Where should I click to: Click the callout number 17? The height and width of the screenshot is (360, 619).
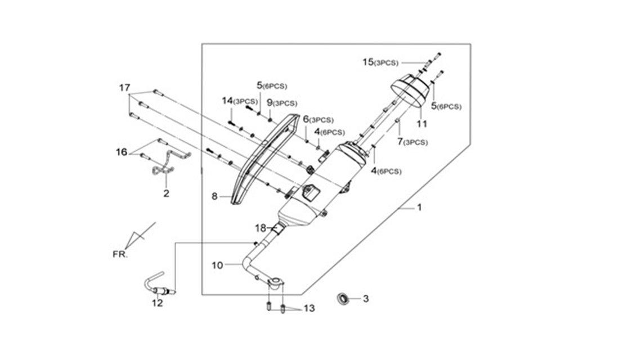[125, 88]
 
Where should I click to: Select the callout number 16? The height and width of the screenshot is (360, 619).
[121, 151]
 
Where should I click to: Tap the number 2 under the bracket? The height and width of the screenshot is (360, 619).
[166, 193]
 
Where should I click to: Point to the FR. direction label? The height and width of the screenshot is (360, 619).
[120, 254]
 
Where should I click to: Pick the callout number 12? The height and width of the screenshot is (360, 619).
[157, 303]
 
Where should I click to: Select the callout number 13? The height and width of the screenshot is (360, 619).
[309, 308]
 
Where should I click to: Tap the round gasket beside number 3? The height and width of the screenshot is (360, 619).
[343, 299]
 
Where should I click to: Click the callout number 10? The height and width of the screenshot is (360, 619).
[217, 265]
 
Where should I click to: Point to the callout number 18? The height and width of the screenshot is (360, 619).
[261, 228]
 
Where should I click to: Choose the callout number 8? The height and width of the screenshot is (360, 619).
[214, 196]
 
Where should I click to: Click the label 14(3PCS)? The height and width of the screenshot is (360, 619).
[240, 101]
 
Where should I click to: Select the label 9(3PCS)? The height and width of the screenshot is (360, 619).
[282, 103]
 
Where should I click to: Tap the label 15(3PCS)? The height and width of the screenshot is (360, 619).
[380, 62]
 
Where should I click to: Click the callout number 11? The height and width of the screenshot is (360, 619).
[422, 124]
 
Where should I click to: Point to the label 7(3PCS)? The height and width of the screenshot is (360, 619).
[412, 141]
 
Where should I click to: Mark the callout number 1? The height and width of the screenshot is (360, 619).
[420, 207]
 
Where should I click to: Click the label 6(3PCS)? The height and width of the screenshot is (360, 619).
[318, 119]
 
